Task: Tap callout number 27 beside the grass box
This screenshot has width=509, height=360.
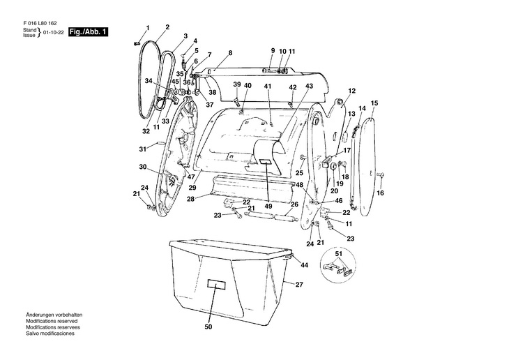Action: [299, 285]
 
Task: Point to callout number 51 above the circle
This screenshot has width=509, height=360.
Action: [340, 253]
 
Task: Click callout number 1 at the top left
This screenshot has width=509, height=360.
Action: [147, 27]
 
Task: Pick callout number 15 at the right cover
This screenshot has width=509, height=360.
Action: [374, 103]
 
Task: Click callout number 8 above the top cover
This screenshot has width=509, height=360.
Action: [230, 54]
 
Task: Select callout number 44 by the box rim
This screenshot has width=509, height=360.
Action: [304, 265]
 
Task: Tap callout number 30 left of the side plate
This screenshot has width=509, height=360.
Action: [142, 167]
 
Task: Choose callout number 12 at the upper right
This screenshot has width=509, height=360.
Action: [352, 91]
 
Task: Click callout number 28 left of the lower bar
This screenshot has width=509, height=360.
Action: [190, 199]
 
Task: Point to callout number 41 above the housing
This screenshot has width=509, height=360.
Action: [267, 86]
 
